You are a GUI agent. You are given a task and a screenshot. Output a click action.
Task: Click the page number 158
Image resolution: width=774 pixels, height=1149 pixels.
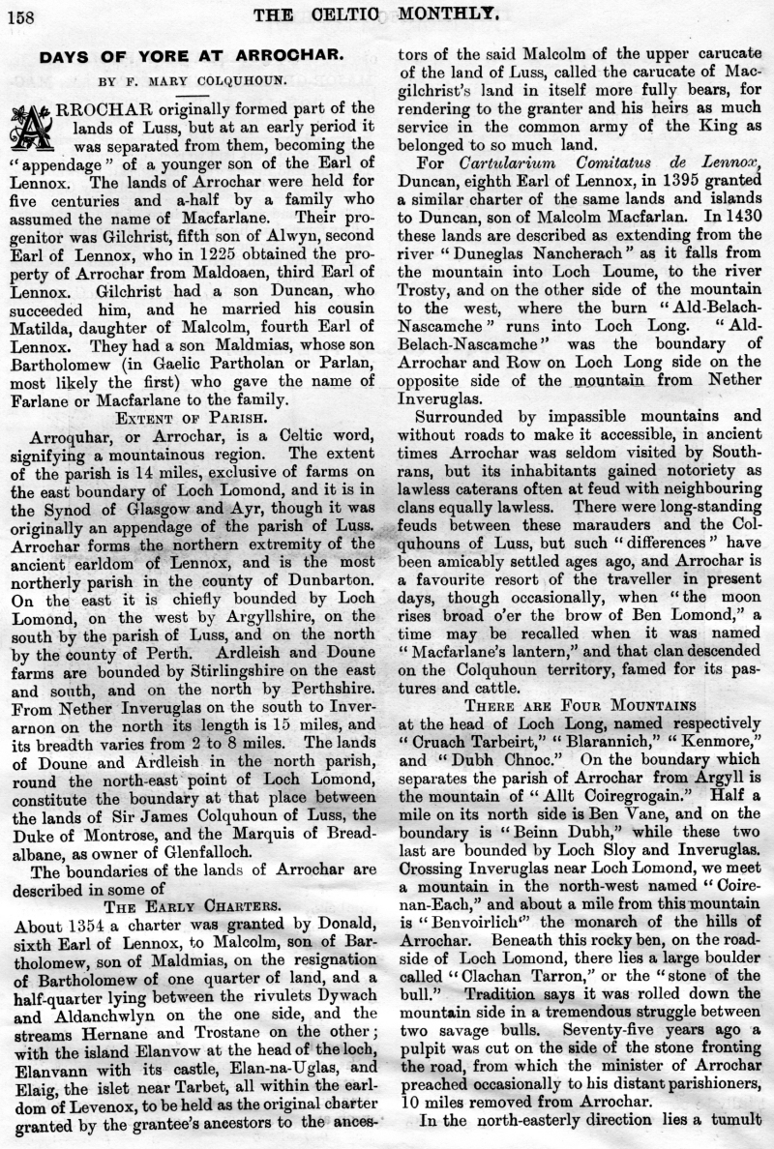(x=20, y=14)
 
